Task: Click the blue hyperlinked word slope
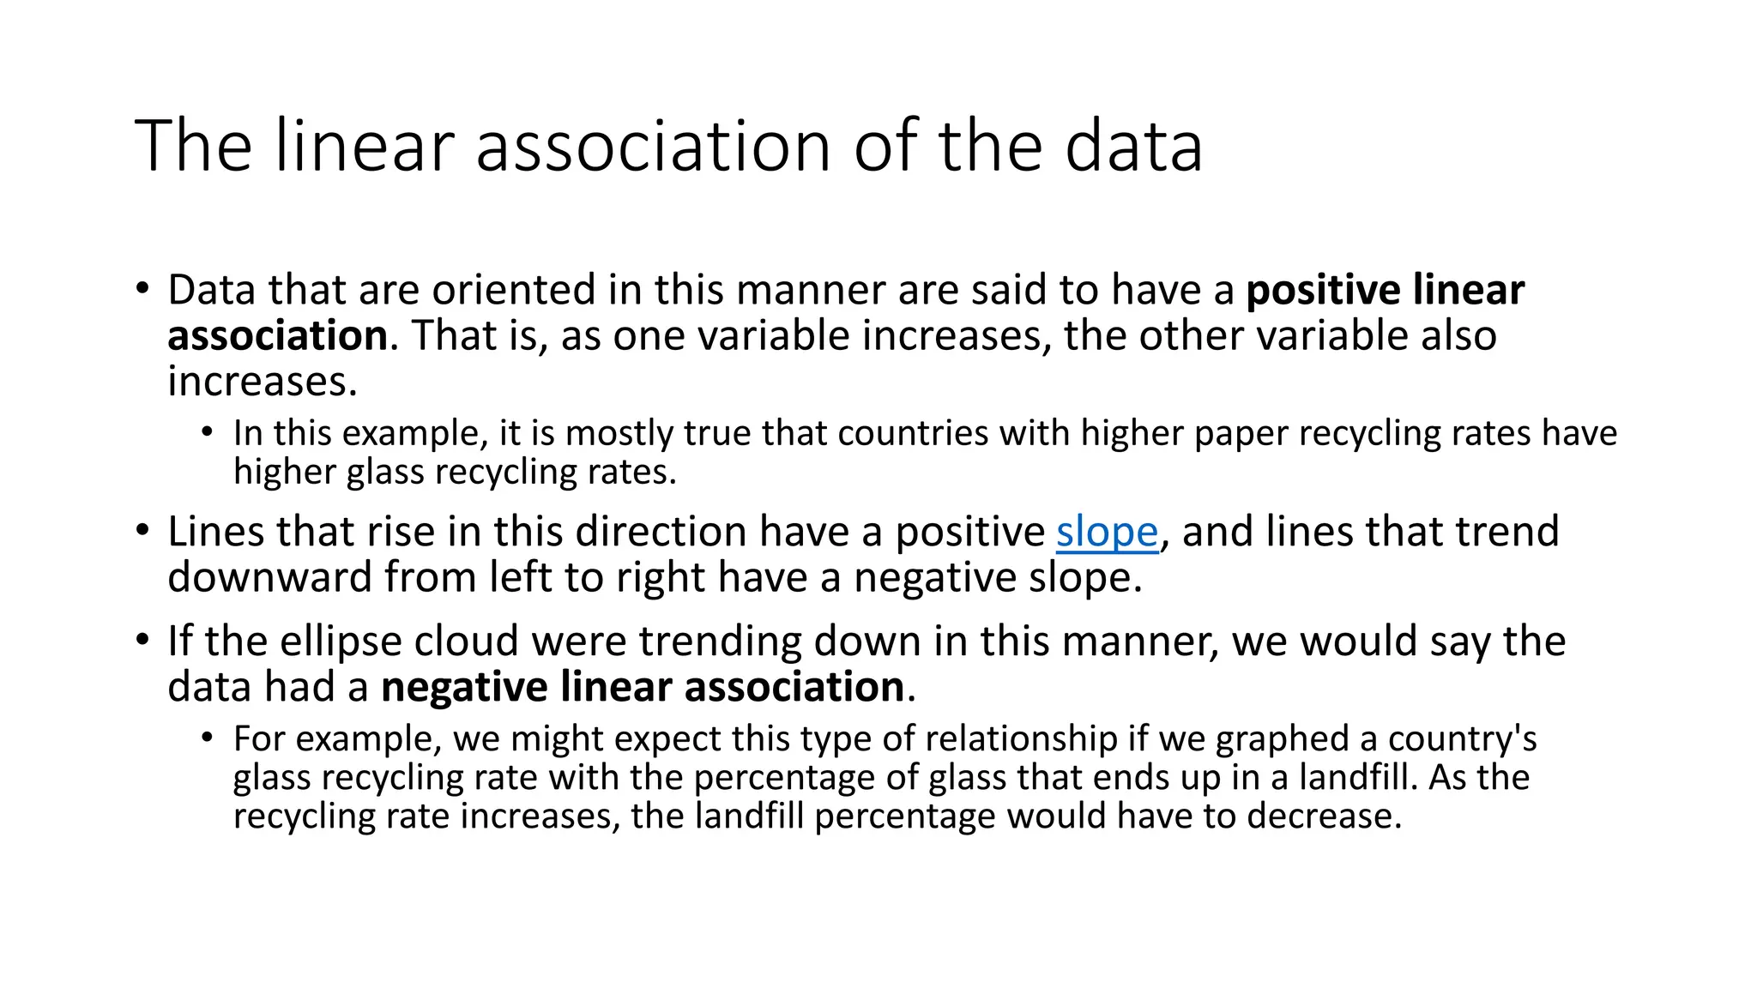(x=1107, y=532)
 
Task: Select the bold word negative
(x=464, y=687)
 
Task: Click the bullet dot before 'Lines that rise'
(x=142, y=529)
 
